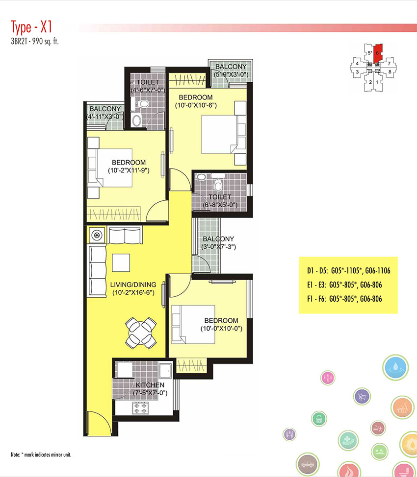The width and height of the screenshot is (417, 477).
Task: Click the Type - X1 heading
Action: pyautogui.click(x=31, y=27)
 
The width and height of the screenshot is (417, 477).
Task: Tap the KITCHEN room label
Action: pyautogui.click(x=150, y=385)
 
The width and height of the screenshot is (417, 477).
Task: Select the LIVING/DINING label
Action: pyautogui.click(x=133, y=285)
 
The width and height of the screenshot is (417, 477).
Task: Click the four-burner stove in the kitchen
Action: pyautogui.click(x=140, y=408)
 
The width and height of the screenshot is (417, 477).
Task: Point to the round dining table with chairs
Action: pyautogui.click(x=141, y=333)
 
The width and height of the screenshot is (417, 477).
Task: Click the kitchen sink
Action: pyautogui.click(x=165, y=371)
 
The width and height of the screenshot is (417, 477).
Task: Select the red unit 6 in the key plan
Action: pyautogui.click(x=378, y=54)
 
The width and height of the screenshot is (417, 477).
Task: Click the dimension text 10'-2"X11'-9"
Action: pyautogui.click(x=129, y=170)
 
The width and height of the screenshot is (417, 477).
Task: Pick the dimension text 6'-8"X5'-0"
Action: pyautogui.click(x=220, y=205)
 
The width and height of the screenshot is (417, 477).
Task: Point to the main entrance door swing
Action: pyautogui.click(x=100, y=423)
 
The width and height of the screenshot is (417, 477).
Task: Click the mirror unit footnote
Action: pyautogui.click(x=41, y=455)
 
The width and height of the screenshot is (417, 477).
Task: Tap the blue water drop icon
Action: pyautogui.click(x=396, y=367)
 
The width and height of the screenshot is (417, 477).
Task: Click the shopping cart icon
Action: pyautogui.click(x=362, y=397)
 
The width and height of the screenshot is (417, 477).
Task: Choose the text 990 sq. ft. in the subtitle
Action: pyautogui.click(x=47, y=42)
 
